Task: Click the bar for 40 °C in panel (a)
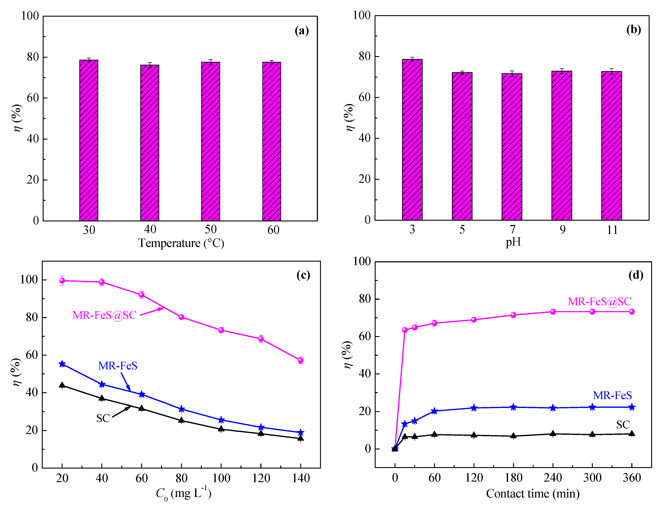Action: click(150, 143)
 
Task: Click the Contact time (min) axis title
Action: click(533, 494)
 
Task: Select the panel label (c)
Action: click(303, 275)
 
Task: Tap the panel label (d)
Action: click(636, 275)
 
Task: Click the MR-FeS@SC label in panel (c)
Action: click(104, 315)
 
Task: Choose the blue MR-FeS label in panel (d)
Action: click(612, 395)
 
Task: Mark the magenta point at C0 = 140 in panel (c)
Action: click(300, 360)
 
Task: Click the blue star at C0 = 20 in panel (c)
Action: click(62, 364)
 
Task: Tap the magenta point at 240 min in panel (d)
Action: click(553, 311)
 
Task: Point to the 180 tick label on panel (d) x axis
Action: click(513, 478)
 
